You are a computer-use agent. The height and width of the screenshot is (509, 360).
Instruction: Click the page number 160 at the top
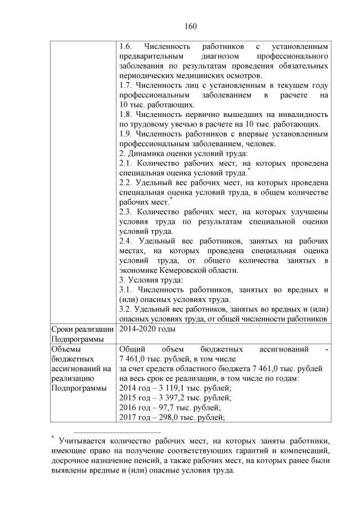(x=190, y=26)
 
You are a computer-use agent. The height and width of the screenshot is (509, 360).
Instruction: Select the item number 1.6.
(x=127, y=46)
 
